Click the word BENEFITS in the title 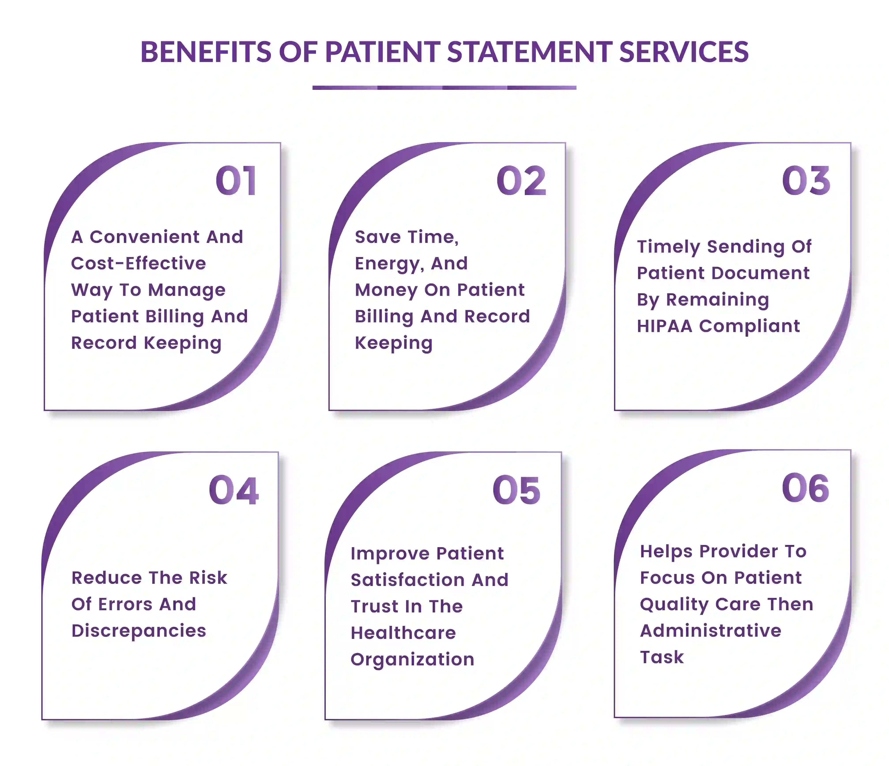206,52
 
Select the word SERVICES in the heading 684,52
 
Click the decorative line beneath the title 444,88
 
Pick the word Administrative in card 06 710,631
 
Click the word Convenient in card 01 145,237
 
